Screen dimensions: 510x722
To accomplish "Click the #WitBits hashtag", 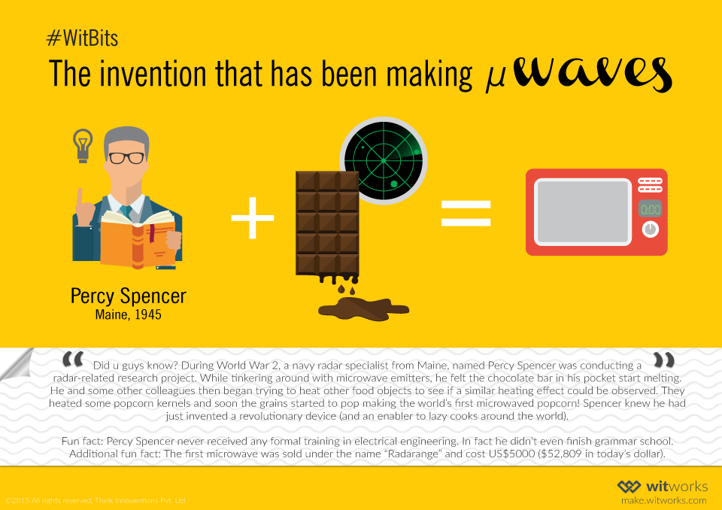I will coord(81,37).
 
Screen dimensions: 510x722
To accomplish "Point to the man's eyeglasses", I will coord(126,158).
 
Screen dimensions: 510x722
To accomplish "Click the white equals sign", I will coord(466,214).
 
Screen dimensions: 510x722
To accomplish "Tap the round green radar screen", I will coord(384,159).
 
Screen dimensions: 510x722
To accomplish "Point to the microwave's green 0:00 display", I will coord(650,209).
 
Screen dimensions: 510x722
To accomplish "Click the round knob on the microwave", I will coord(650,229).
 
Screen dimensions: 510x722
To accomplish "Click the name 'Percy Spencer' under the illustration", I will coord(128,296).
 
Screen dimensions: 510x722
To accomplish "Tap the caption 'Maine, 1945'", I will coord(128,314).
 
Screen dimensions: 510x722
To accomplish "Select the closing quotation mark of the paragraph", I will coord(664,360).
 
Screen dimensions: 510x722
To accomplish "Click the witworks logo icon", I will coord(629,487).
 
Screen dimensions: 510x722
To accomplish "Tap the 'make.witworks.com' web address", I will coord(663,500).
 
